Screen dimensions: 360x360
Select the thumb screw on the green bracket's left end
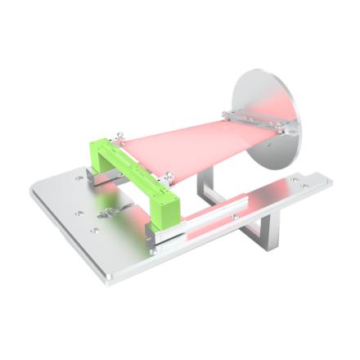(119, 134)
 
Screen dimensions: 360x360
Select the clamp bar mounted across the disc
(260, 120)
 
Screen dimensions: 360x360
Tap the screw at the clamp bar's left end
(236, 112)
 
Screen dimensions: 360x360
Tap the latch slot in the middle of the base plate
(107, 214)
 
